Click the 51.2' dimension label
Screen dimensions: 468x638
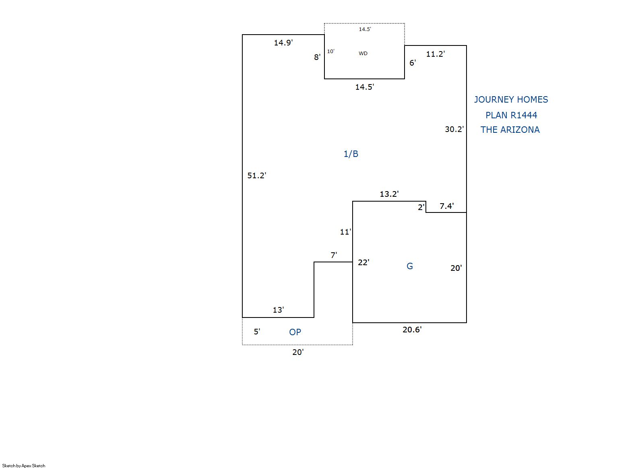tap(256, 175)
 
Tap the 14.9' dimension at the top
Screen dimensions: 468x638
tap(283, 43)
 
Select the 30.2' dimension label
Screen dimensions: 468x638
tap(454, 129)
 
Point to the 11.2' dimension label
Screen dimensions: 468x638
tap(435, 54)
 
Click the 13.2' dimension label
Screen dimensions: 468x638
tap(389, 194)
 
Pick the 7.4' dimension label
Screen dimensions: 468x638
tap(446, 206)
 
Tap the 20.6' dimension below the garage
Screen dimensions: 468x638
tap(412, 330)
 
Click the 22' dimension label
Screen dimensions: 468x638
tap(363, 262)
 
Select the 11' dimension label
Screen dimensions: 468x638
tap(345, 232)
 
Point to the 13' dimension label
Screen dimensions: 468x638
tap(278, 310)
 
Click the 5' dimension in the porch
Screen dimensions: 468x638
tap(257, 332)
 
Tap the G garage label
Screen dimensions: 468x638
tap(410, 266)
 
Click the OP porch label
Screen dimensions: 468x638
tap(295, 332)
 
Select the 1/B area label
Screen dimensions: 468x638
tap(351, 154)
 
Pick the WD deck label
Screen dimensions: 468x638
tap(363, 54)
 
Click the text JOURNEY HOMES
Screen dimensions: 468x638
tap(511, 99)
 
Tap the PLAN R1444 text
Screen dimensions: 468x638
tap(511, 115)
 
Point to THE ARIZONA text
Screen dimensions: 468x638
tap(510, 130)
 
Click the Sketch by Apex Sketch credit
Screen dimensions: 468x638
tap(24, 466)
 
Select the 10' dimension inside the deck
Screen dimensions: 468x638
tap(330, 52)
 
